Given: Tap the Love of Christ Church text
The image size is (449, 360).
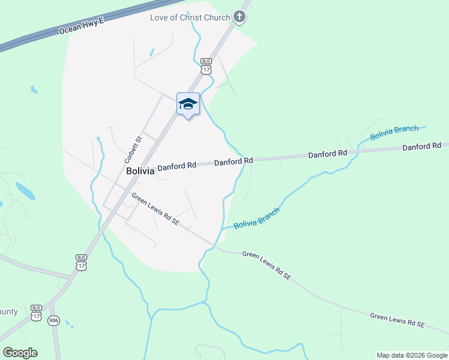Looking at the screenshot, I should pos(190,17).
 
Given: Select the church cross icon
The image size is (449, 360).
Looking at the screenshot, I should pos(240,17).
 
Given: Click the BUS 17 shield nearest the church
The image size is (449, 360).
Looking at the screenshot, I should pos(206,66).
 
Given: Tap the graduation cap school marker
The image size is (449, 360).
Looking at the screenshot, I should pos(188,104).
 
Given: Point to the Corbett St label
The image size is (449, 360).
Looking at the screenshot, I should pos(132,150).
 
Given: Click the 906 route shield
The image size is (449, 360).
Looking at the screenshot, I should pos(55,320).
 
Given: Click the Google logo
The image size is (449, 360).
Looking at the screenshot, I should pos(20,352).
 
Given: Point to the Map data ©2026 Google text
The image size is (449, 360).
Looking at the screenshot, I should pos(412,355).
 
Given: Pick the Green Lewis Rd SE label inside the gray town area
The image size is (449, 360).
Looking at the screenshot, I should pos(155,209).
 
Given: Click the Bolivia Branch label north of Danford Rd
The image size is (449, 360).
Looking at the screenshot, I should pos(394,133).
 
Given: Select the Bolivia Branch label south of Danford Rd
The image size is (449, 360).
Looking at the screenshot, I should pos(256,217).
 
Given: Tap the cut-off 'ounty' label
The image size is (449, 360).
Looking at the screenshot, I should pos(8,312).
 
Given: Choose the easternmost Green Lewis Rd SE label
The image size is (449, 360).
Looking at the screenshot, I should pos(397,320).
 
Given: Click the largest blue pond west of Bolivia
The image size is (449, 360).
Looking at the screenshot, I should pos(25,191).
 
